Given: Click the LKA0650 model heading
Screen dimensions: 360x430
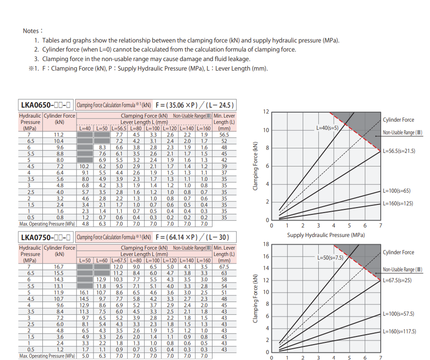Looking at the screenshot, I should tap(46, 105).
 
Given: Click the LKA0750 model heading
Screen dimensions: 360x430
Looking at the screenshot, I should tap(46, 237).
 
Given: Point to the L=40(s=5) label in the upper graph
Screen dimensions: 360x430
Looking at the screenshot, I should tap(327, 128).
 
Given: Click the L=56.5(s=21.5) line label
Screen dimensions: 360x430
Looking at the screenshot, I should tap(399, 150).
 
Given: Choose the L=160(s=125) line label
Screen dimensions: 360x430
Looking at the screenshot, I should tap(398, 203).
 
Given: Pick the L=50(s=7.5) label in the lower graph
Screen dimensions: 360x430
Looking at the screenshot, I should tap(330, 257).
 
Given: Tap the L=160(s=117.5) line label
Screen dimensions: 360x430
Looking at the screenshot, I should tap(399, 331).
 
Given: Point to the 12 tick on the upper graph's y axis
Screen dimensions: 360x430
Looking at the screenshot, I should tap(266, 112).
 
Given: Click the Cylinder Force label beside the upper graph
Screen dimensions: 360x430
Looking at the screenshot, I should tap(399, 120).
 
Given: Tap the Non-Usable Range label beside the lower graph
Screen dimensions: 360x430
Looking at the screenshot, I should tap(402, 270).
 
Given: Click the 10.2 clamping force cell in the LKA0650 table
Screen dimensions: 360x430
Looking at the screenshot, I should tap(85, 167).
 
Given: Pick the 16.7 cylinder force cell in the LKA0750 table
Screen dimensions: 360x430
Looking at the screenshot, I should tap(59, 267).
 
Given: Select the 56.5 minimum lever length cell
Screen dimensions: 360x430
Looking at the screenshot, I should tap(224, 135).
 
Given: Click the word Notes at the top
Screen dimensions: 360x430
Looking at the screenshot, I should tap(32, 31).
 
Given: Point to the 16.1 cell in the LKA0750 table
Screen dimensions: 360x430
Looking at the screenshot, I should tap(84, 293).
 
